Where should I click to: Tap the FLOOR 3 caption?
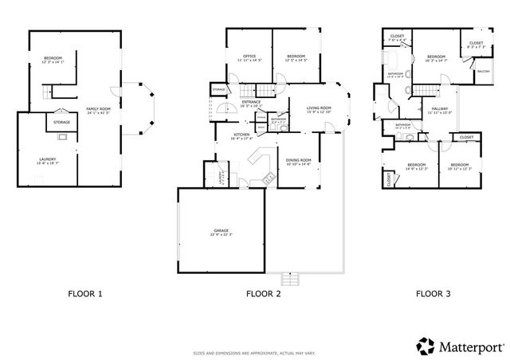pyautogui.click(x=433, y=294)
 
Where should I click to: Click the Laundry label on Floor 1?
pyautogui.click(x=48, y=161)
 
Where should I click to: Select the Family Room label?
pyautogui.click(x=99, y=111)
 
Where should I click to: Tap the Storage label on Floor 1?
pyautogui.click(x=61, y=122)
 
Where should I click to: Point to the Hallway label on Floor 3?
pyautogui.click(x=439, y=110)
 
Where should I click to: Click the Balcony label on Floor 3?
pyautogui.click(x=483, y=72)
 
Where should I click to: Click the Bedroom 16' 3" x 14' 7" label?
pyautogui.click(x=435, y=58)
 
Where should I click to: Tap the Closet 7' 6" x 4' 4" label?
pyautogui.click(x=396, y=37)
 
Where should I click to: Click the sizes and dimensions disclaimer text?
pyautogui.click(x=254, y=351)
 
